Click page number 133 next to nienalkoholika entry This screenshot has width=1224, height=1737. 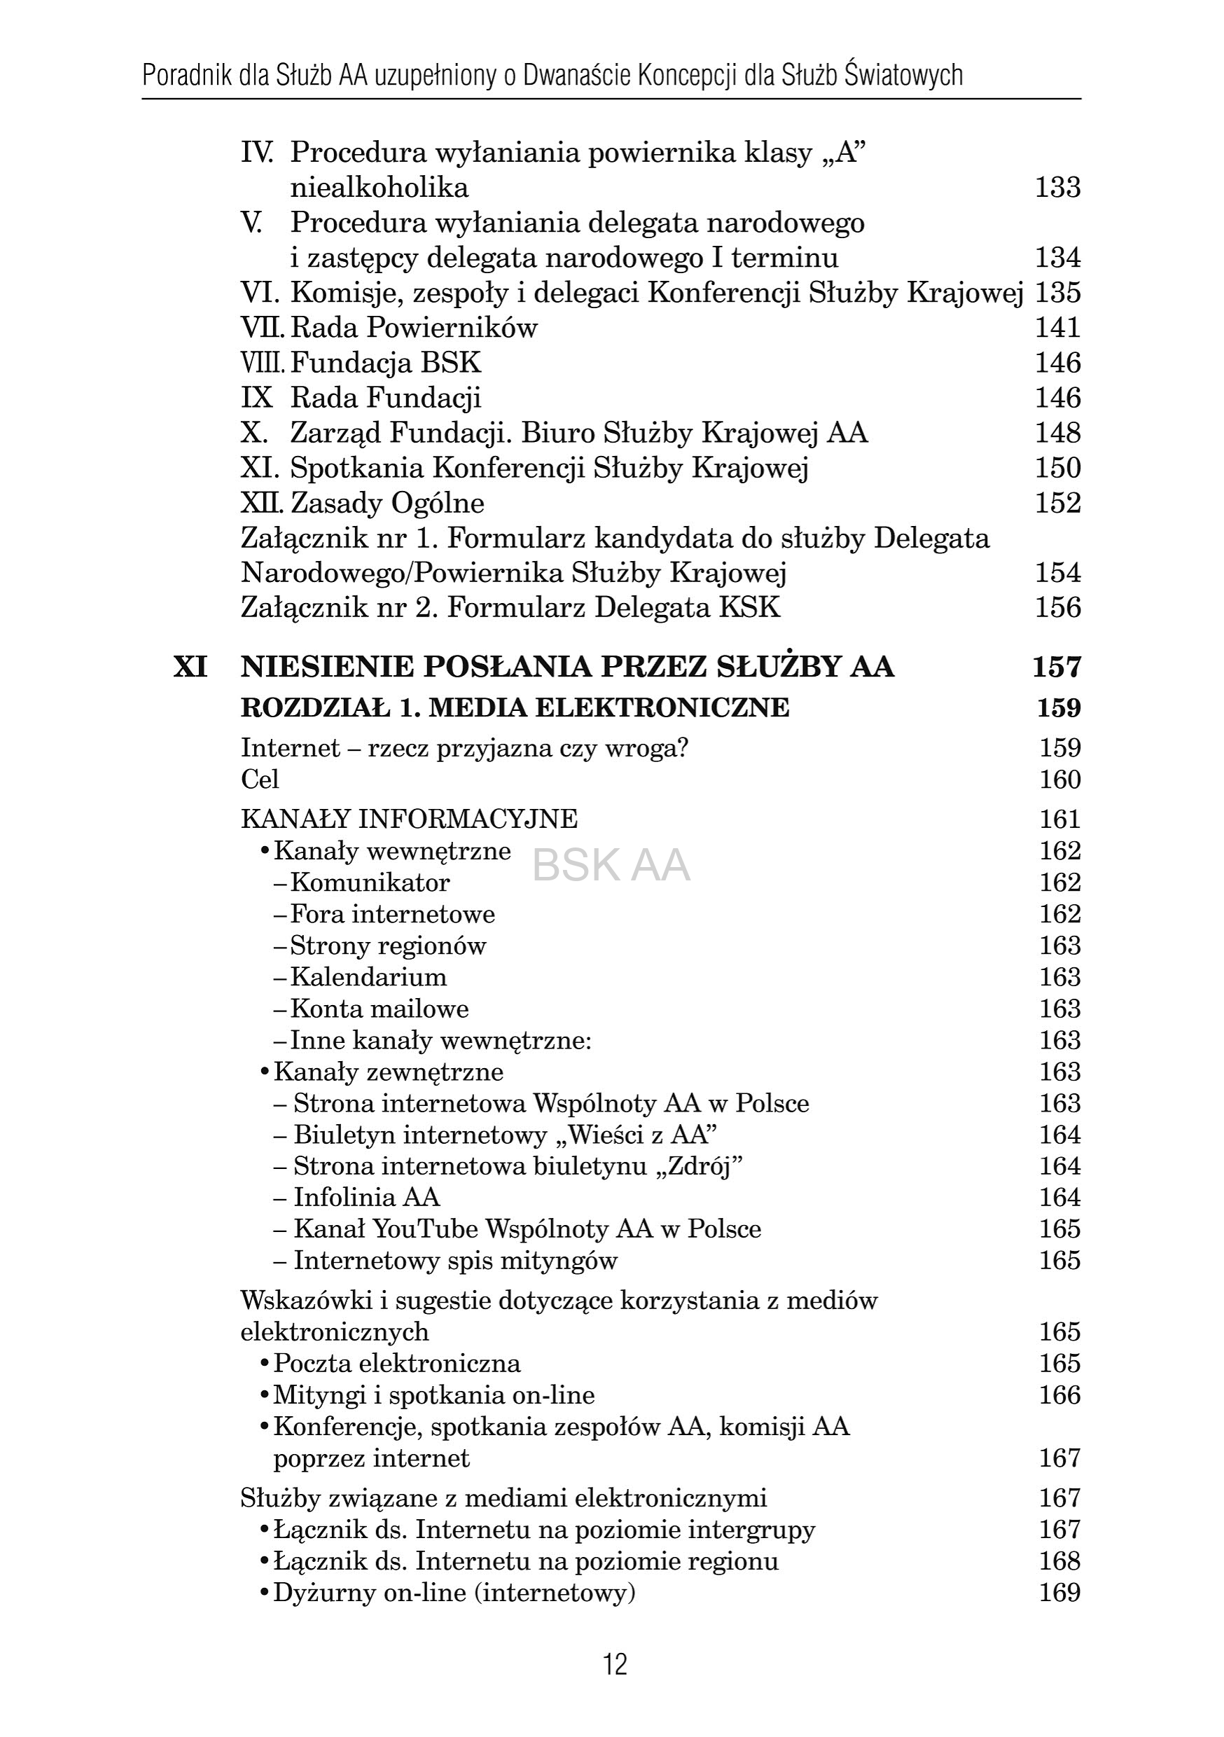click(1057, 188)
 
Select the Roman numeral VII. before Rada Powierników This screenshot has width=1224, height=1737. click(262, 328)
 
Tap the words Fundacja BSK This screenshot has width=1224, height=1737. click(386, 363)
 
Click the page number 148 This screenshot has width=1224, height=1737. click(1057, 434)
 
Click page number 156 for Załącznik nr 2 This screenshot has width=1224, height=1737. click(1057, 608)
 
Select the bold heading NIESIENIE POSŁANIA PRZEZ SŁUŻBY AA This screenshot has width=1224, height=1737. click(567, 667)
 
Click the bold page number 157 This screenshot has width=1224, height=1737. click(1057, 667)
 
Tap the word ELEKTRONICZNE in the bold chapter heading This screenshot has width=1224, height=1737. click(662, 708)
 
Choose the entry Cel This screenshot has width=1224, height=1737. click(260, 780)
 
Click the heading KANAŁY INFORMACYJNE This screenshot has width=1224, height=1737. click(409, 819)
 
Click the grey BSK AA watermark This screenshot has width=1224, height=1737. click(611, 866)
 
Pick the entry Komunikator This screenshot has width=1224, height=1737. click(370, 883)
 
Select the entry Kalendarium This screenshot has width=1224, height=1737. click(368, 978)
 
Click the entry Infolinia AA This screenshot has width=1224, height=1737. click(367, 1198)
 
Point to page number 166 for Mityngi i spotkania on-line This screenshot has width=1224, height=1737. click(1059, 1396)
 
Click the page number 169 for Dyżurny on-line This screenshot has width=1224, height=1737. click(1059, 1593)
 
